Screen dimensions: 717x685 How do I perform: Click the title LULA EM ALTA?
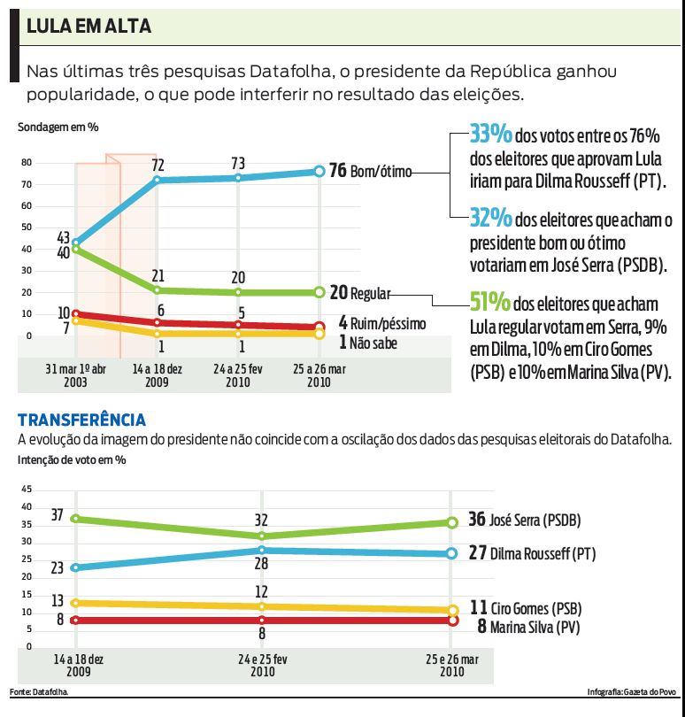pos(89,27)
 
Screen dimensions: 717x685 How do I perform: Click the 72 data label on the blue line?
pos(158,165)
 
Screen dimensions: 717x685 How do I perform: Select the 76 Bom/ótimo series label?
pos(370,171)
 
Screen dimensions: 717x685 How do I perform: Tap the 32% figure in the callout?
pos(490,218)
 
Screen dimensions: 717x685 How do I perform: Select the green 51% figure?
pos(490,302)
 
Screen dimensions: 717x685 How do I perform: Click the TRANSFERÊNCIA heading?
pos(81,420)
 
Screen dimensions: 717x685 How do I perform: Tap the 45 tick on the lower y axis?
pos(27,490)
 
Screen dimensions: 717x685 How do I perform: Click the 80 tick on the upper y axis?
pos(27,163)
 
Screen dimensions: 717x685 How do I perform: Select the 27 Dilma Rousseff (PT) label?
pos(531,554)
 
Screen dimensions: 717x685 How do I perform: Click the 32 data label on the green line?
pos(261,520)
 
